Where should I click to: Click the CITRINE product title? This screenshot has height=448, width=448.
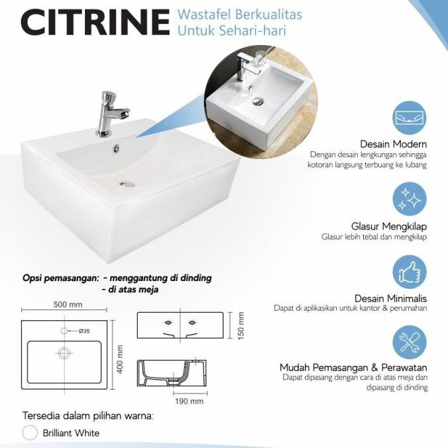[x=94, y=22]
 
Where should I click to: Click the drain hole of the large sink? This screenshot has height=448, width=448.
[x=127, y=183]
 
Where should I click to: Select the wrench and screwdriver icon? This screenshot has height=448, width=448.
[x=410, y=341]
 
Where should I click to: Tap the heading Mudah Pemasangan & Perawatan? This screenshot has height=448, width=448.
[x=353, y=367]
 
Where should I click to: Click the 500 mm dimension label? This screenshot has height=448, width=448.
[x=67, y=305]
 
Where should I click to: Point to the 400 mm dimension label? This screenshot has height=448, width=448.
[x=120, y=359]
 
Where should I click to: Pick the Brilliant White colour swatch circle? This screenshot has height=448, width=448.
[x=30, y=433]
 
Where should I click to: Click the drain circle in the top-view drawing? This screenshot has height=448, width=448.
[x=64, y=353]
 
